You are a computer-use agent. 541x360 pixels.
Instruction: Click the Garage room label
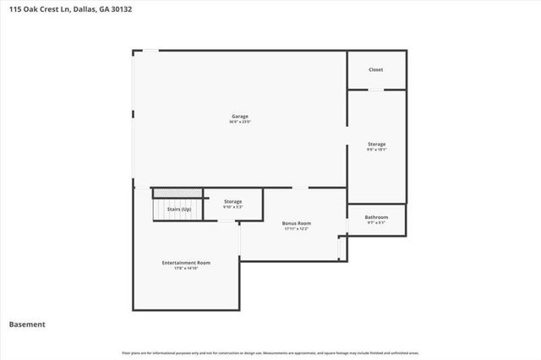pos(240,116)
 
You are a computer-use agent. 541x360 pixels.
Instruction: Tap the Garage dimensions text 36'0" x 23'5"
pos(240,122)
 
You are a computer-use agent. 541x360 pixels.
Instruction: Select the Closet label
pos(376,69)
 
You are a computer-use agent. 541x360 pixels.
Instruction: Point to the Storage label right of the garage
pos(376,145)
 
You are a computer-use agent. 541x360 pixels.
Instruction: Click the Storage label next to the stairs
pos(232,201)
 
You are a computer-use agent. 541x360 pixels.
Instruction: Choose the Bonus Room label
pos(297,223)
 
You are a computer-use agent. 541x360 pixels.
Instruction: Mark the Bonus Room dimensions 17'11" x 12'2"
pos(297,229)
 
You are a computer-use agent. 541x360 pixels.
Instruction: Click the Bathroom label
pos(376,217)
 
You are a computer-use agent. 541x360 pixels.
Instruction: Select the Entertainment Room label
pos(186,263)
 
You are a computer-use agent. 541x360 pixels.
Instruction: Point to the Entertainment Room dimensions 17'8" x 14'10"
pos(186,269)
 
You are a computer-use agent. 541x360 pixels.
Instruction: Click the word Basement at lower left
pos(27,325)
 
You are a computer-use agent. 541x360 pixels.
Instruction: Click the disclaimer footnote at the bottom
pos(270,352)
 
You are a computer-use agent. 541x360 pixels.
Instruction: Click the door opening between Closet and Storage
pos(376,89)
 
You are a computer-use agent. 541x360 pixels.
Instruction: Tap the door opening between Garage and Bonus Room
pos(299,188)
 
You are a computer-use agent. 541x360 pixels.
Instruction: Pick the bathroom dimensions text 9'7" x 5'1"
pos(376,223)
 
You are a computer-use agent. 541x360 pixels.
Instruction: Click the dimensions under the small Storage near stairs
pos(232,207)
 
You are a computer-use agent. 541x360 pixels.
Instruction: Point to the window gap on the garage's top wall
pos(149,51)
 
